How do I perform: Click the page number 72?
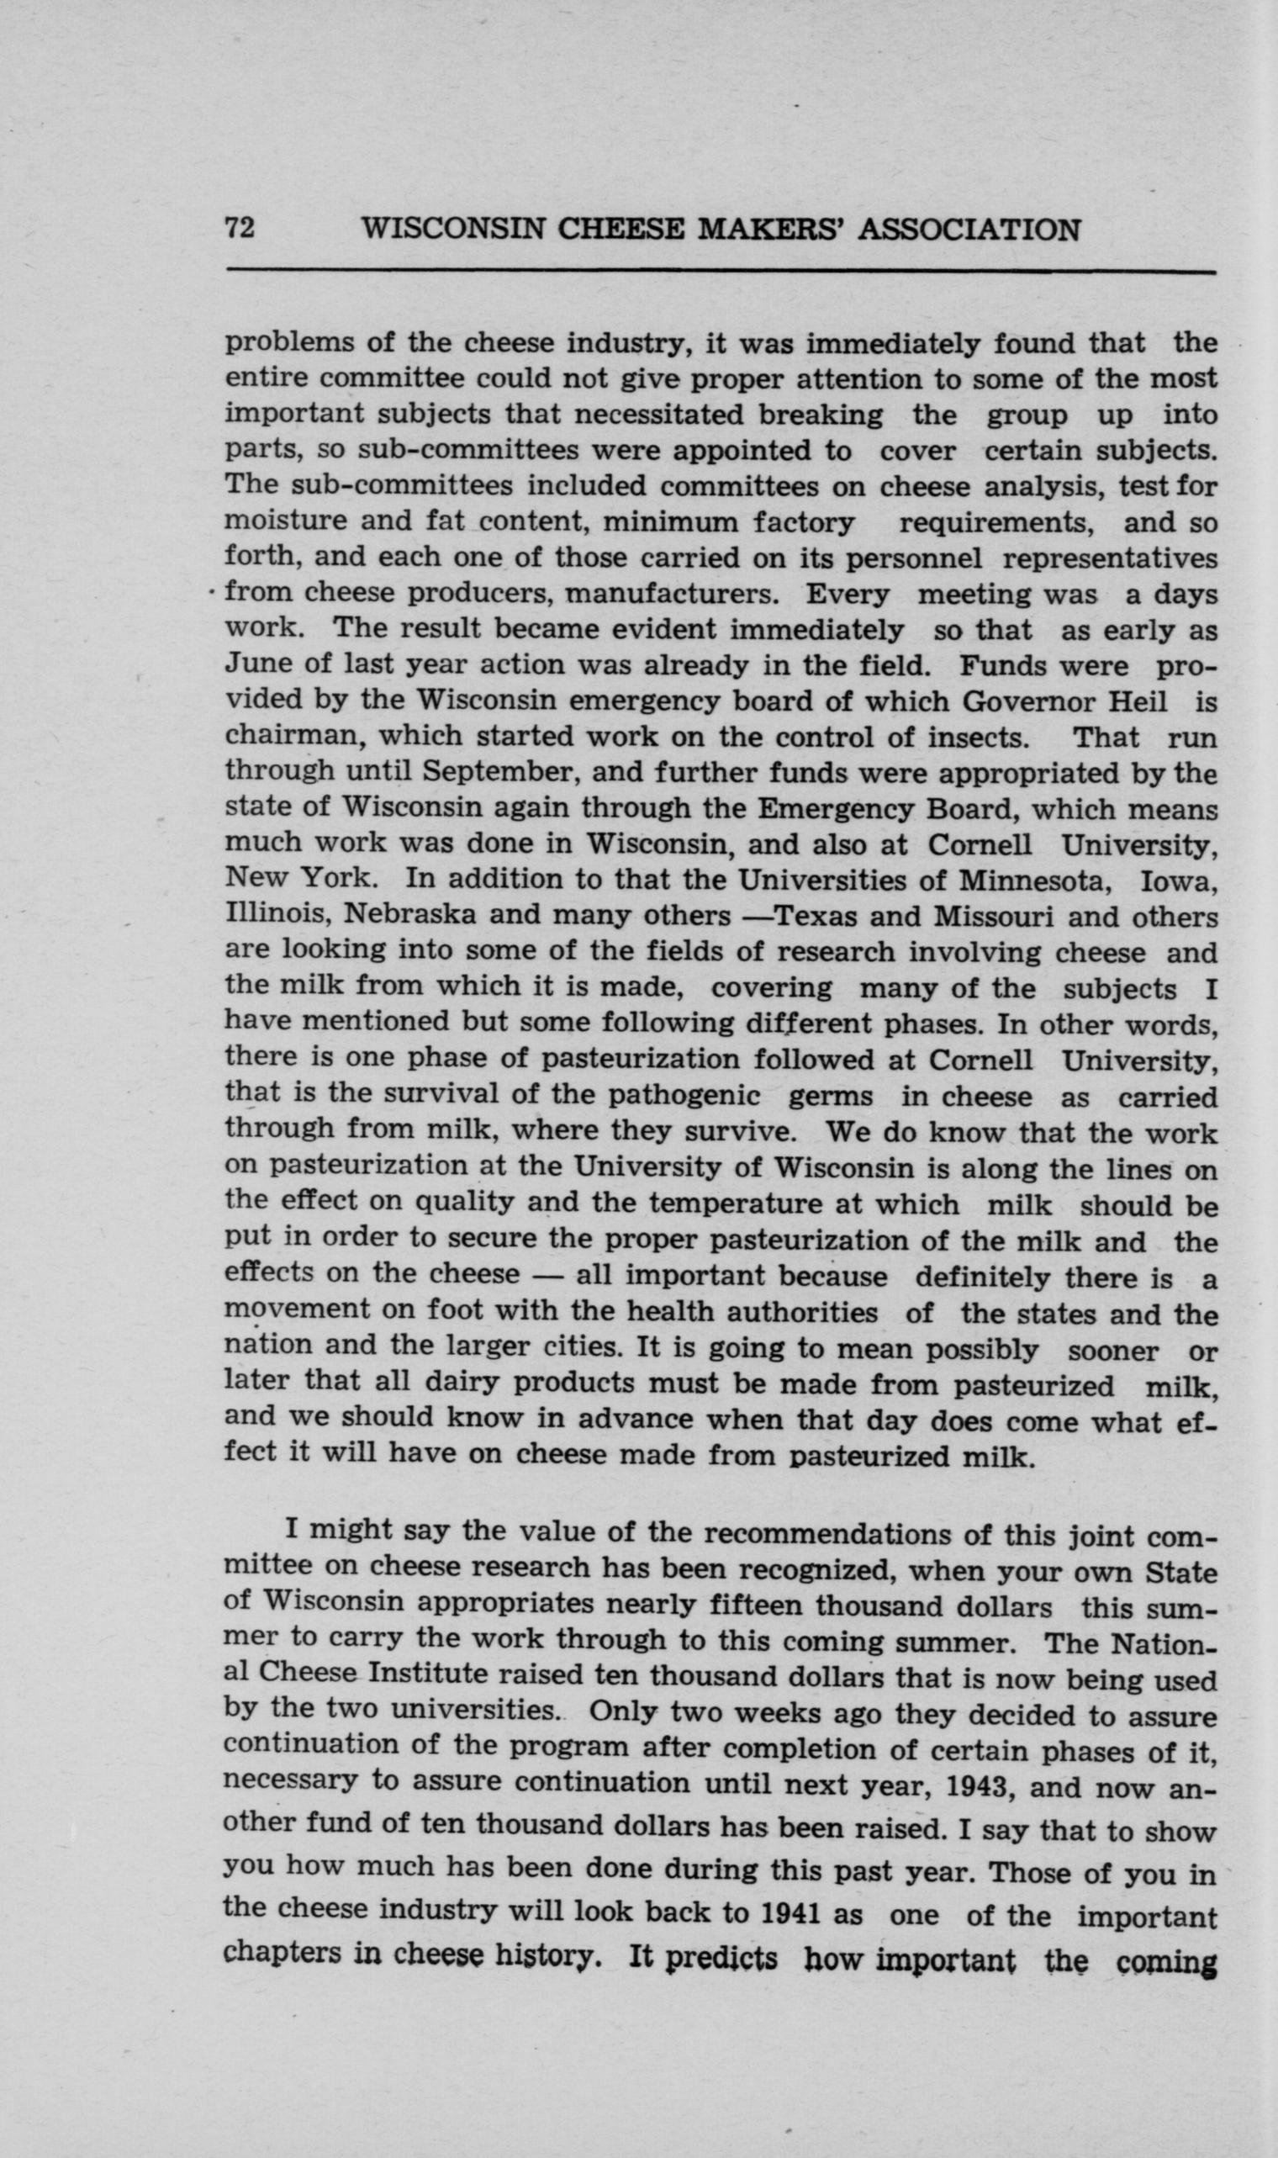240,229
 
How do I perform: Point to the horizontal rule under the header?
719,273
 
